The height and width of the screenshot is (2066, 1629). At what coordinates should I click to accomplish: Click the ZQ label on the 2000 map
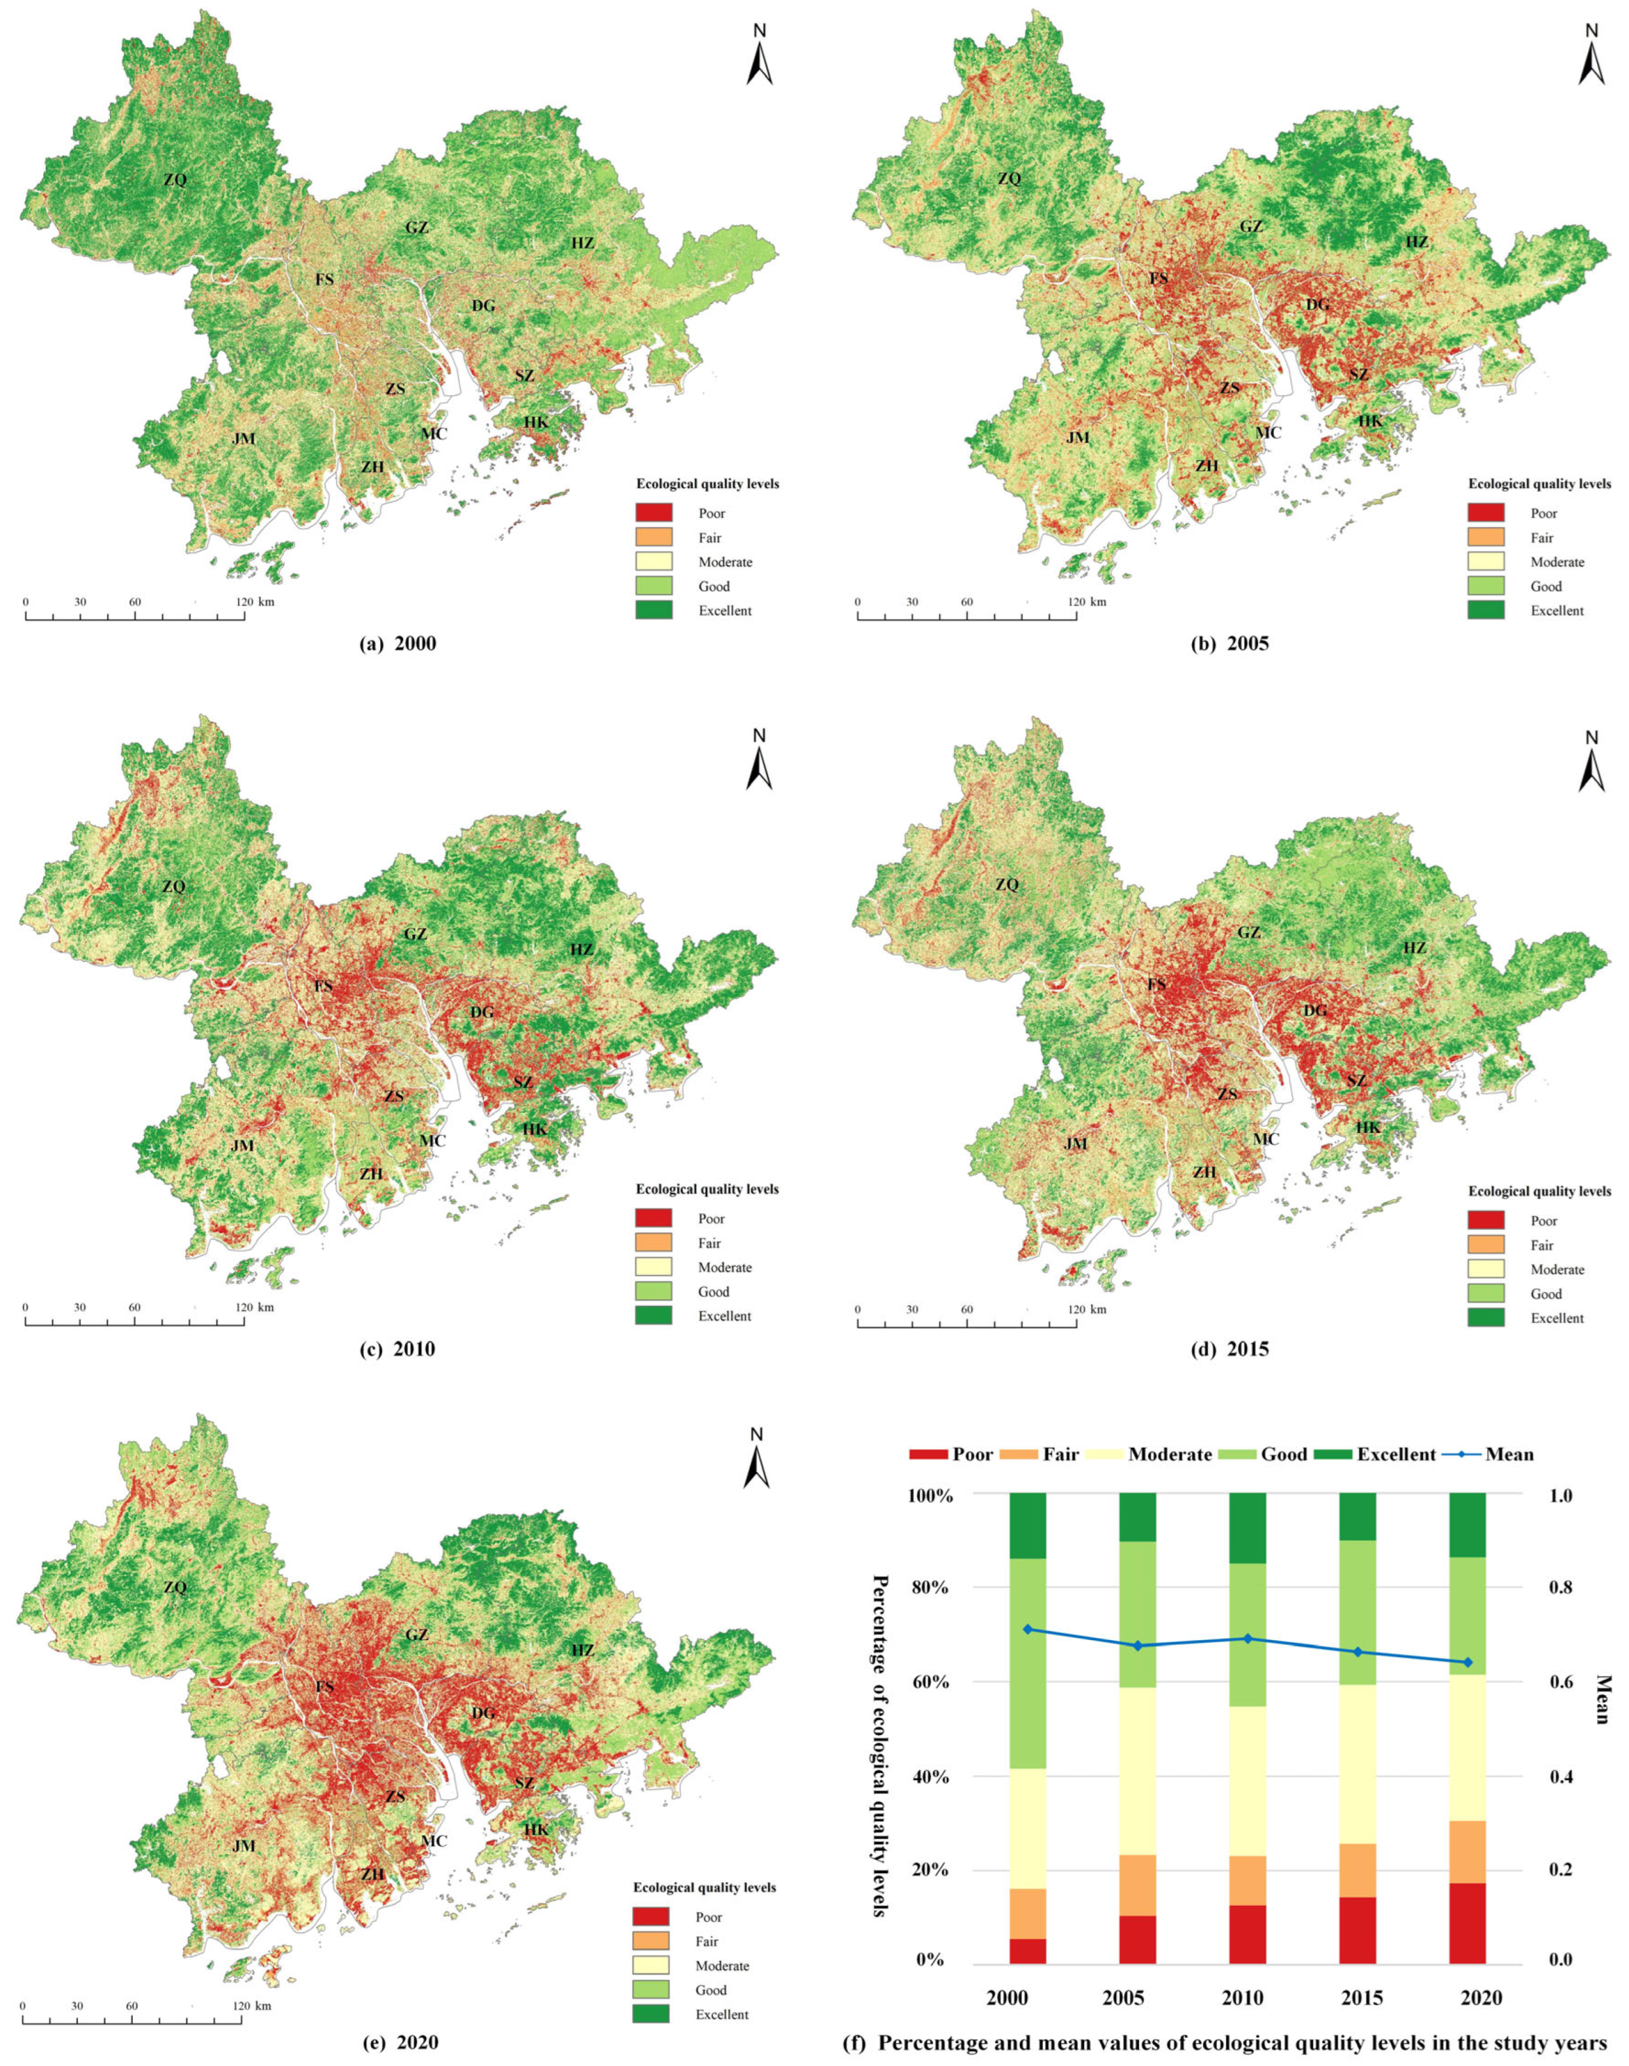click(175, 179)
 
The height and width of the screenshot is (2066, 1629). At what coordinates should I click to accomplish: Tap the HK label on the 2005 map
click(1371, 421)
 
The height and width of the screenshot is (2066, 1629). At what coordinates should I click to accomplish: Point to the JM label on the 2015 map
click(1076, 1144)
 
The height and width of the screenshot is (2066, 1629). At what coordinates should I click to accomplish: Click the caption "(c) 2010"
click(396, 1349)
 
